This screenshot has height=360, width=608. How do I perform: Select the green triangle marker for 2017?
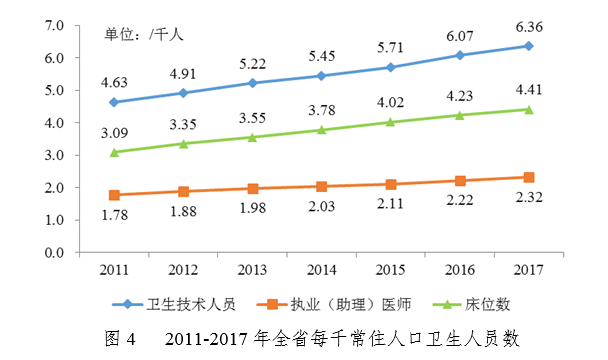(x=528, y=109)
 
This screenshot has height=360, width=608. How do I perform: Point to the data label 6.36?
(x=528, y=27)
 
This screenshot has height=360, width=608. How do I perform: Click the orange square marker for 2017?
(x=528, y=177)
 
